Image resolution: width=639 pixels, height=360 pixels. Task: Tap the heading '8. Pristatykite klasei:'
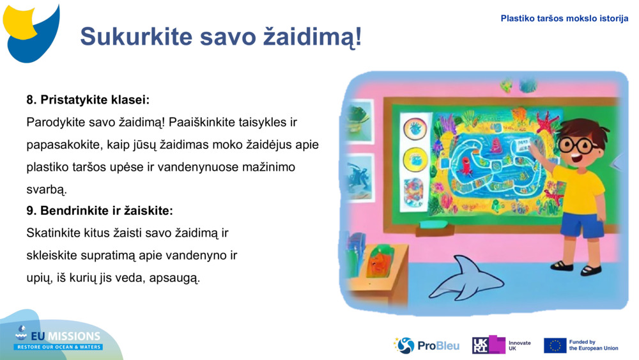(x=88, y=100)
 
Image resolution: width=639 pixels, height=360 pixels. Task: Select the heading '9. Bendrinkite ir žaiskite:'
(x=100, y=210)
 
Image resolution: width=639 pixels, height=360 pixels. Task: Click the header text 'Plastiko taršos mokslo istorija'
(x=564, y=19)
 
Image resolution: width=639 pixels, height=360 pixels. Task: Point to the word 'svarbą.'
(x=47, y=189)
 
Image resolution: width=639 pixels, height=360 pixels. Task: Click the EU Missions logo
(x=59, y=338)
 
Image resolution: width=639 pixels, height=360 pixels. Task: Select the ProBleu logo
(x=426, y=345)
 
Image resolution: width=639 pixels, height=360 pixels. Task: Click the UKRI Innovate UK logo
(x=501, y=345)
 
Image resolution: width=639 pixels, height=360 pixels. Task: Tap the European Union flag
(x=555, y=345)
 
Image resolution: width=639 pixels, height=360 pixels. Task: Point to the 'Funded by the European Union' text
(x=593, y=345)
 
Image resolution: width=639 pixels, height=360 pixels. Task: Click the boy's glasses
(x=578, y=145)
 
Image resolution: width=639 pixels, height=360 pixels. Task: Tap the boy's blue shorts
(x=581, y=225)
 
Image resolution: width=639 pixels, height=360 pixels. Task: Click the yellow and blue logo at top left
(x=31, y=32)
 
